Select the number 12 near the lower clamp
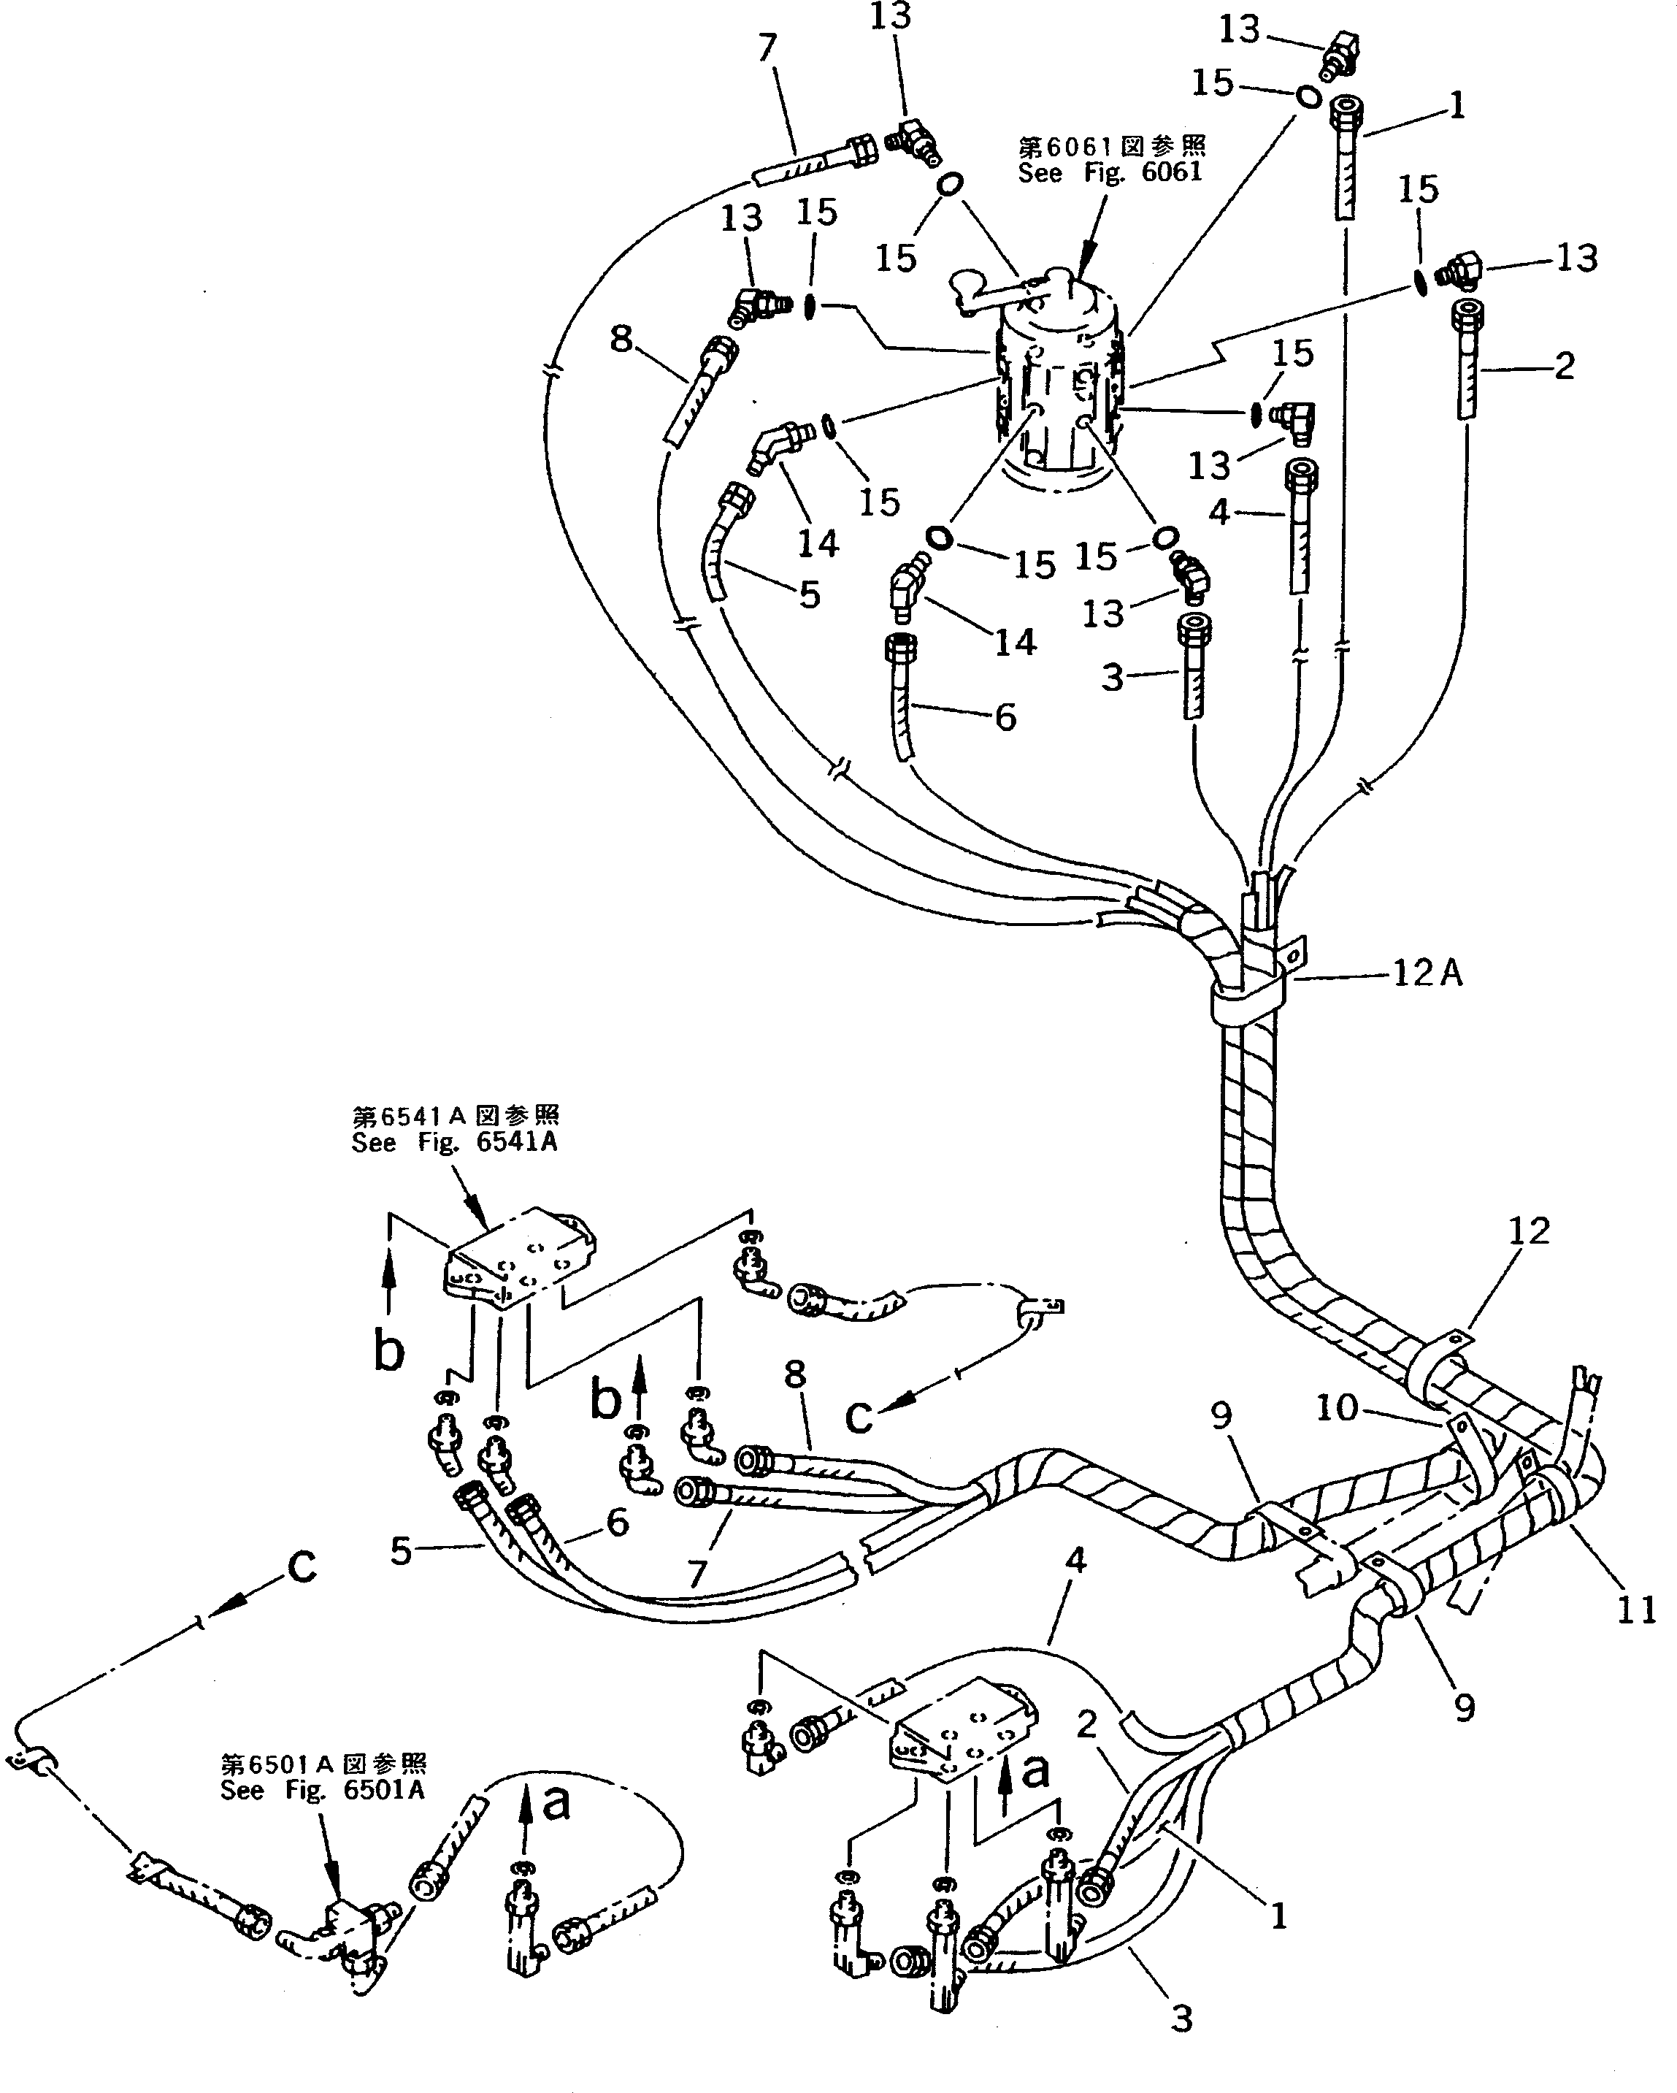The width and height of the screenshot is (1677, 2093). tap(1529, 1231)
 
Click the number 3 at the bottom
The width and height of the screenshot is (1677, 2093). tap(1180, 2019)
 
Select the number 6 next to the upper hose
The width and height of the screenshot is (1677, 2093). tap(1005, 717)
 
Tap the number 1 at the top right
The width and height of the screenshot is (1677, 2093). tap(1456, 105)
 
